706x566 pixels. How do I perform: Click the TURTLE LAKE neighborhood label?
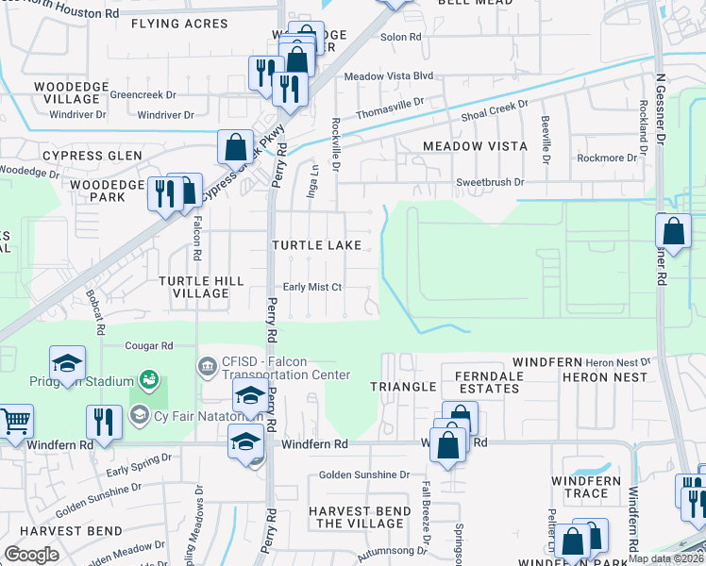(316, 245)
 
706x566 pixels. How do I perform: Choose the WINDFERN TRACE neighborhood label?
(586, 488)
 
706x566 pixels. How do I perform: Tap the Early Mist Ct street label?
(311, 288)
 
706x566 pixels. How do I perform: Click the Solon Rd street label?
(398, 39)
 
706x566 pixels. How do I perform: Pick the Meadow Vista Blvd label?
(388, 76)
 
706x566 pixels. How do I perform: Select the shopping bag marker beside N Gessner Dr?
(673, 229)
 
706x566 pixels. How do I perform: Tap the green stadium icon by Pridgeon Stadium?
(147, 379)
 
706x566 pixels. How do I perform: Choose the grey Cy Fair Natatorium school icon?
(139, 415)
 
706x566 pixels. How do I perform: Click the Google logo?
(31, 555)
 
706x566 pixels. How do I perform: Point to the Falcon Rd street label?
(197, 240)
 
